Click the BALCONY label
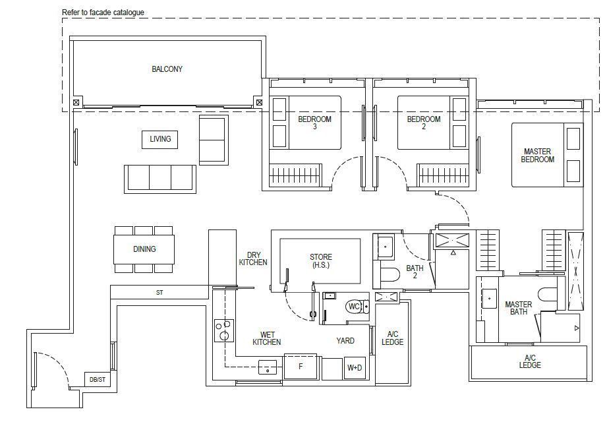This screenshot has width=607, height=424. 167,69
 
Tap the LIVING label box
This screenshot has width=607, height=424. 160,139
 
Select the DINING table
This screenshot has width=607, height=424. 144,249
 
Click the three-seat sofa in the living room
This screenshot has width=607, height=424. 160,179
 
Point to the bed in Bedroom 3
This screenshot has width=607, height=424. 306,123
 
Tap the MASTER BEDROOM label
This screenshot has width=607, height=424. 537,155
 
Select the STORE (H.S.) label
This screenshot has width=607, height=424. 320,261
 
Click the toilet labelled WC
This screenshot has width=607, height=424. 357,307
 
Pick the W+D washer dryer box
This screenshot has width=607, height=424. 355,368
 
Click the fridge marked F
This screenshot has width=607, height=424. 301,366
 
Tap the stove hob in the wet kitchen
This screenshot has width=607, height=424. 224,330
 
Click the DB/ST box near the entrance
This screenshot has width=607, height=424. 97,379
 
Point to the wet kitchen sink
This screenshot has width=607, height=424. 268,367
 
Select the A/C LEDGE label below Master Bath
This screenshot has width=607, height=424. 530,361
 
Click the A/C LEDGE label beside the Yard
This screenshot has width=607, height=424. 393,338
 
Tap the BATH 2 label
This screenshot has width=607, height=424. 415,272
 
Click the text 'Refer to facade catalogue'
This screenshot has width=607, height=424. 103,13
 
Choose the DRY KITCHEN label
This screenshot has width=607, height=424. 253,258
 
